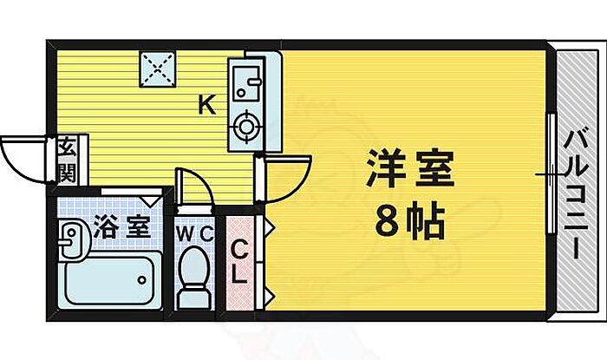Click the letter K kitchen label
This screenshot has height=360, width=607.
[x=206, y=105]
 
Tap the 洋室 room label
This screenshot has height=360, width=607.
[x=409, y=167]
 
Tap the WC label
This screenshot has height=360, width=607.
[x=194, y=233]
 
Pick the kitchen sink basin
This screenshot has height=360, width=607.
[x=249, y=83]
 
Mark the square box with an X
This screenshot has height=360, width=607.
[x=157, y=69]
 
